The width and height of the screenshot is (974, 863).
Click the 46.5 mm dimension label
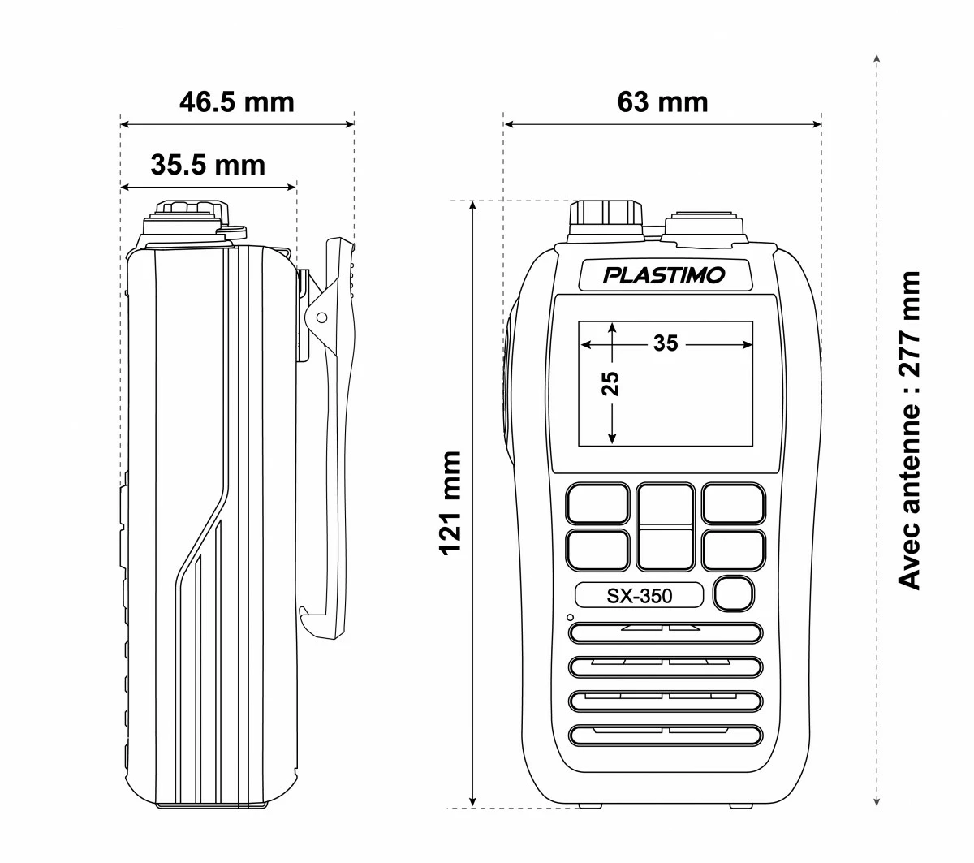pos(236,102)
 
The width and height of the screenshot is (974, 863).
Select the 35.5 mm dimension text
pos(208,165)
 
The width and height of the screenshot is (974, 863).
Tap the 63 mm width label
pos(662,102)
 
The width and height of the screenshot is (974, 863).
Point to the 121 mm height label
pos(450,503)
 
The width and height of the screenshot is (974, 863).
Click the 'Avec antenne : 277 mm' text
pos(910,430)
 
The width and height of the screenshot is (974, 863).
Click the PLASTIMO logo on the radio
pos(664,275)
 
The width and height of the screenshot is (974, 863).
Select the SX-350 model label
pos(640,596)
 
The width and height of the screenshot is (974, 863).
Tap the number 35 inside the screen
pos(666,343)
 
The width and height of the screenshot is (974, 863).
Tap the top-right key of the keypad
pos(734,503)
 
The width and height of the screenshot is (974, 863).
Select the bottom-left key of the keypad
pos(597,550)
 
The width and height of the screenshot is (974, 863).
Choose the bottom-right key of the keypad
pos(734,550)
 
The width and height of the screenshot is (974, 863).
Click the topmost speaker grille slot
pos(666,632)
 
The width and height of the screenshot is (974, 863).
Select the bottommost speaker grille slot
pos(666,735)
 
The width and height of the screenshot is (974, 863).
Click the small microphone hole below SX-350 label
pos(571,618)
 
